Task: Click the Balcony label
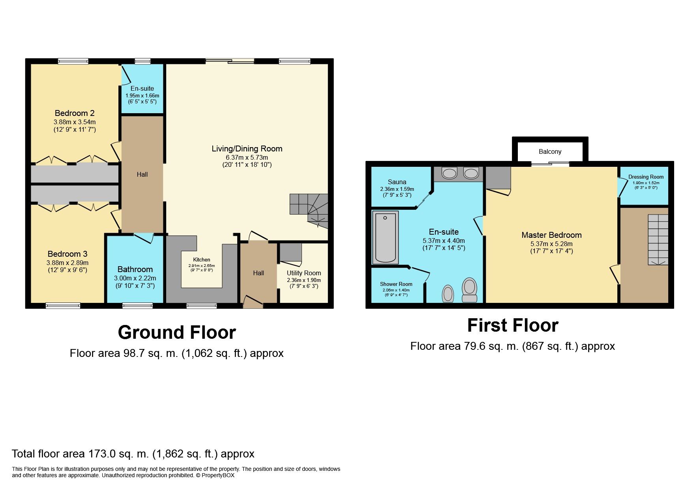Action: pos(550,152)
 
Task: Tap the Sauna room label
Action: pos(397,182)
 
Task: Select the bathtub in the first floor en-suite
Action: pos(385,237)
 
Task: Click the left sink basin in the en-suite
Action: pos(449,173)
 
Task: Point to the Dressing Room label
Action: pos(646,177)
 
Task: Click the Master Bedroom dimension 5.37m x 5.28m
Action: pos(551,244)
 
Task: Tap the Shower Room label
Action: pos(396,284)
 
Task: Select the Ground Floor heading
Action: pos(177,332)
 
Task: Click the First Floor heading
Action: pos(513,326)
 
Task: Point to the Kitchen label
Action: pos(201,259)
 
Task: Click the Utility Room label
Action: pos(304,273)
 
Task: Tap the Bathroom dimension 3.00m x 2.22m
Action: pos(135,278)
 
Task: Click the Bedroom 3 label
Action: pos(67,254)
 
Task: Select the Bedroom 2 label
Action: pos(75,113)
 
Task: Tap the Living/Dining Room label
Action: pos(247,149)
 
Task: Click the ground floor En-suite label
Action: pos(142,88)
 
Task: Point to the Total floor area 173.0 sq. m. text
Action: pos(133,454)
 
